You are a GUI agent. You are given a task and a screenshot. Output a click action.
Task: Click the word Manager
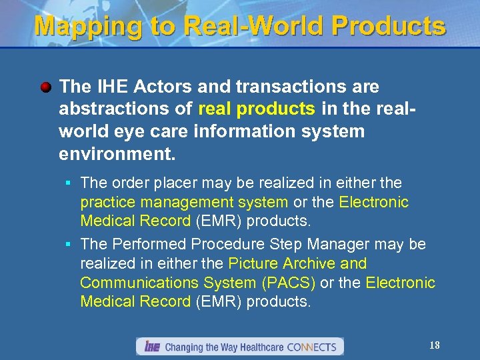(330, 244)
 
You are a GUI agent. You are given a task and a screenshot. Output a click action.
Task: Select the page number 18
(435, 345)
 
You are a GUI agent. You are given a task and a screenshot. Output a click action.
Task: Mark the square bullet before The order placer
(68, 183)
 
